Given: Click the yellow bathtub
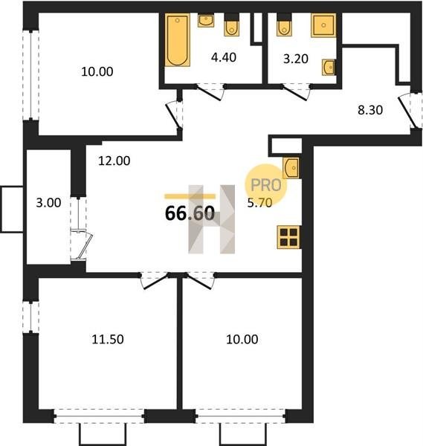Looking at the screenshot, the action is click(178, 40).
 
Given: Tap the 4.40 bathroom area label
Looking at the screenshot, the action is click(224, 57).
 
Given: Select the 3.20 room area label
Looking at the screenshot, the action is click(296, 59).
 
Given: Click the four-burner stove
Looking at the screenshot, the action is click(288, 237).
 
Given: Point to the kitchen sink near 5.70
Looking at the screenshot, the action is click(291, 168).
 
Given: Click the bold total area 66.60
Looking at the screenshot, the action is click(190, 213).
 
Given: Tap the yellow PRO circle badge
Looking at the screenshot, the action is click(266, 185).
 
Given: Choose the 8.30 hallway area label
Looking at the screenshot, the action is click(370, 110).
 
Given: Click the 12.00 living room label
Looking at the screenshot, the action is click(114, 161).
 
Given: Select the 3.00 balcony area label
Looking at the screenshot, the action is click(48, 203).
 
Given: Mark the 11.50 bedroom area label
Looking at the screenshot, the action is click(108, 340).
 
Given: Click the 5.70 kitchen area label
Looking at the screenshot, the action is click(259, 203).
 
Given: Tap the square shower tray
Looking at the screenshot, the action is click(323, 25).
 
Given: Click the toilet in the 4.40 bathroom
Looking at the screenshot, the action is click(231, 25).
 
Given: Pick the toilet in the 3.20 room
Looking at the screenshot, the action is click(284, 25).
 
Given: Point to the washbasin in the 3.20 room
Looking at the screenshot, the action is click(329, 68).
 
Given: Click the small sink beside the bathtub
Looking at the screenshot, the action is click(206, 21).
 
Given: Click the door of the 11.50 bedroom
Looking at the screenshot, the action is click(155, 280).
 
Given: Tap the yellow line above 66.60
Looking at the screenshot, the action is click(190, 196).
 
